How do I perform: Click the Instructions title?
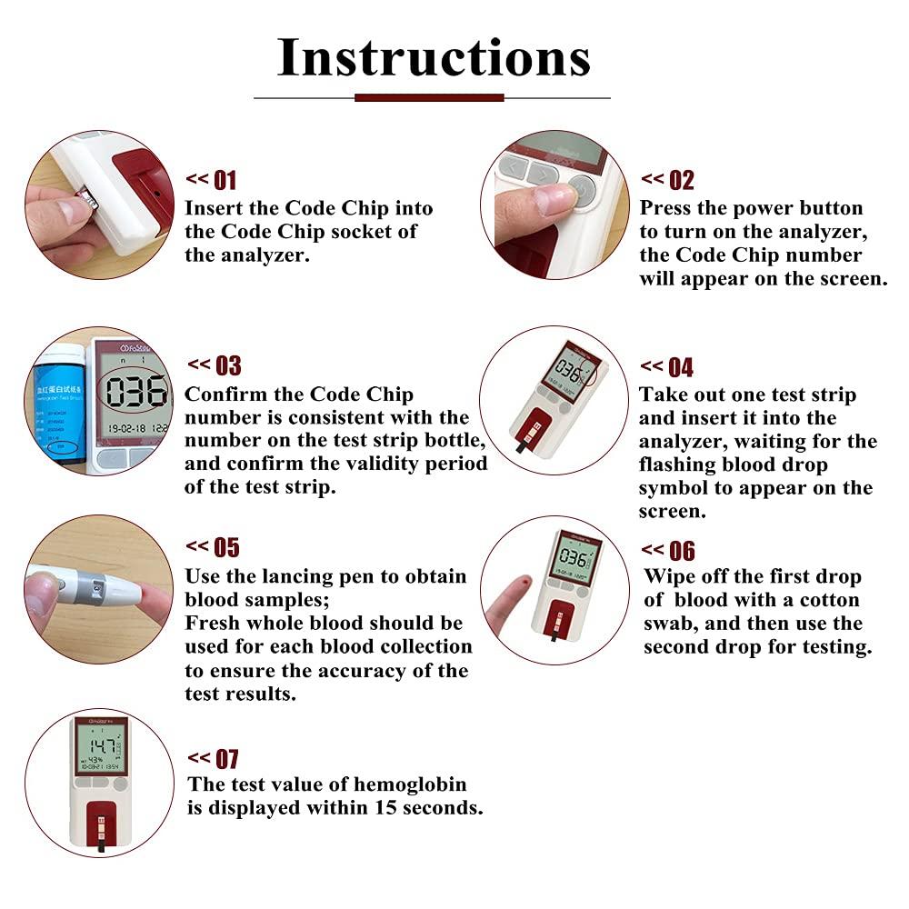pos(434,57)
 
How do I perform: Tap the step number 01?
pos(225,180)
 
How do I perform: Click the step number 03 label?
pos(227,365)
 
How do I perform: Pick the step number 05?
pos(225,547)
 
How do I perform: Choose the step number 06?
pos(682,551)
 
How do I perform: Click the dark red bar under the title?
pos(429,97)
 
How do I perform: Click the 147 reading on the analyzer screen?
pos(101,747)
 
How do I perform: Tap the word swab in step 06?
pos(674,624)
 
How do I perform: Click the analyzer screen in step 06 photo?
pos(577,558)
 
